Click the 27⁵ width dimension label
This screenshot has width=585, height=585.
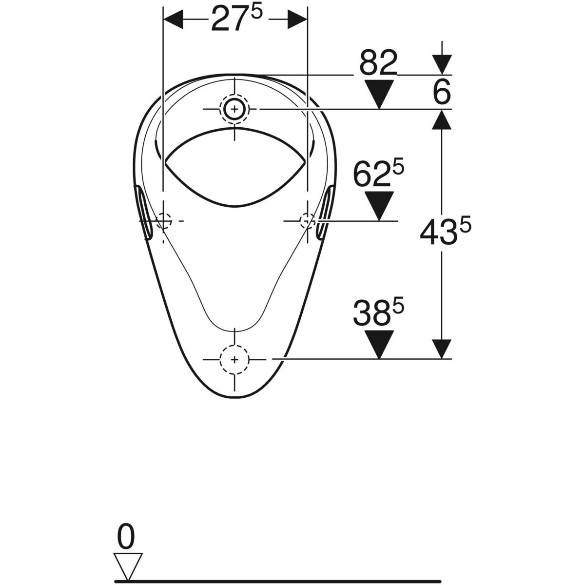coord(236,19)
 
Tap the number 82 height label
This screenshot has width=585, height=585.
coord(378,63)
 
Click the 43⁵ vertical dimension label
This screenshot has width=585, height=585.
coord(445,231)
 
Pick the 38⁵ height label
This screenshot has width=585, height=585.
coord(378,312)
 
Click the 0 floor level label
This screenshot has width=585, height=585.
coord(126,536)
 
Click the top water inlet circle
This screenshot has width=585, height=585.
coord(234,109)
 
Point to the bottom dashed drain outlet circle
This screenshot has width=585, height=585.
coord(234,360)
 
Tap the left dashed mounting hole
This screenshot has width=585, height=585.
coord(163,221)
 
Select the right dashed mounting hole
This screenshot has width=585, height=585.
coord(308,221)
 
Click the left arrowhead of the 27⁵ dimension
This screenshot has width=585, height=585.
coord(174,19)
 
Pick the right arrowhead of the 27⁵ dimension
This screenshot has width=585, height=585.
coord(297,19)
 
